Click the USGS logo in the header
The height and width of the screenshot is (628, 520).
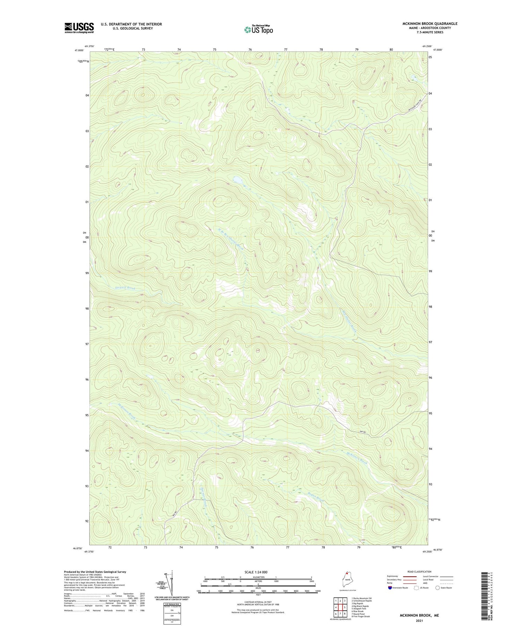(x=79, y=28)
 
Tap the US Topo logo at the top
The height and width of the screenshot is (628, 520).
(x=258, y=30)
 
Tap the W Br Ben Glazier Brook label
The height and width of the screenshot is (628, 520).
(x=231, y=239)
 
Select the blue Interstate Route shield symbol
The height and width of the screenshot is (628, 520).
(x=390, y=588)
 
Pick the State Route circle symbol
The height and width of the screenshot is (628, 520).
(x=437, y=588)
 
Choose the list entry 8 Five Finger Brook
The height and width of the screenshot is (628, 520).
(x=361, y=617)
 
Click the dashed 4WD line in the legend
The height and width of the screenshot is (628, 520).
(x=446, y=584)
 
